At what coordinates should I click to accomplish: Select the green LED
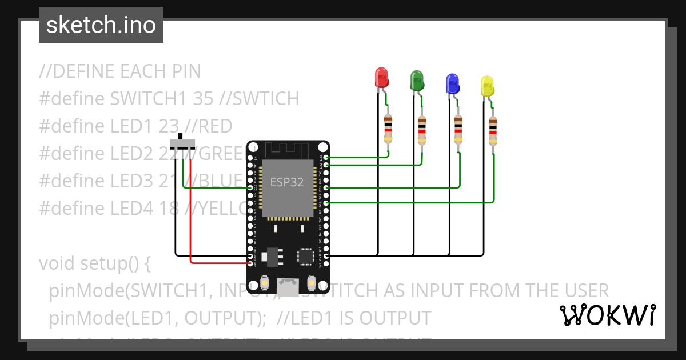pyautogui.click(x=417, y=80)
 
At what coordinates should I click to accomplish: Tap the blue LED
pyautogui.click(x=452, y=83)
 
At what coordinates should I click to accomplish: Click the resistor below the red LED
pyautogui.click(x=388, y=129)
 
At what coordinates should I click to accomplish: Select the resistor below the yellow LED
pyautogui.click(x=493, y=131)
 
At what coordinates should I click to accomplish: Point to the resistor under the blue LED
pyautogui.click(x=458, y=130)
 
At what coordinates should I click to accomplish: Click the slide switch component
pyautogui.click(x=182, y=143)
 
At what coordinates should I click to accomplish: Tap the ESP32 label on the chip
pyautogui.click(x=287, y=182)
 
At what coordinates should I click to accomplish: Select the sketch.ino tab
pyautogui.click(x=101, y=25)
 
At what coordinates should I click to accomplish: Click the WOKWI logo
pyautogui.click(x=607, y=315)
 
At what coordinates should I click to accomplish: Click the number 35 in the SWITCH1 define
pyautogui.click(x=204, y=99)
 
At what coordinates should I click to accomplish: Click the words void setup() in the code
pyautogui.click(x=94, y=264)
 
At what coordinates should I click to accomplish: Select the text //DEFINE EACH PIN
pyautogui.click(x=120, y=72)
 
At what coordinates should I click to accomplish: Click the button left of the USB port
pyautogui.click(x=265, y=283)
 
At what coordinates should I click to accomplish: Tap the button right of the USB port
pyautogui.click(x=312, y=283)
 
